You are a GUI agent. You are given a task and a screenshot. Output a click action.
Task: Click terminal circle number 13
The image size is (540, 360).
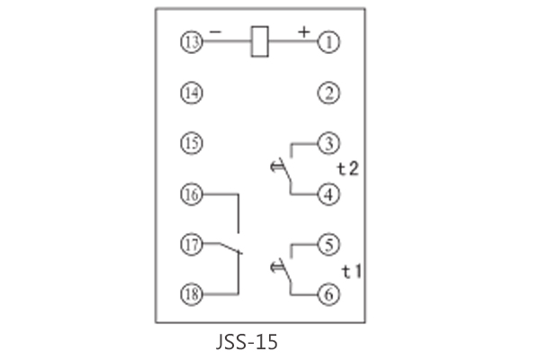[x=191, y=41]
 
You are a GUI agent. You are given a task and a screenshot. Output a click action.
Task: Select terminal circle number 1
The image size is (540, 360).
[x=329, y=41]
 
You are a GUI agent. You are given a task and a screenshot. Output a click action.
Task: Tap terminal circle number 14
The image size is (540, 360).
[x=191, y=92]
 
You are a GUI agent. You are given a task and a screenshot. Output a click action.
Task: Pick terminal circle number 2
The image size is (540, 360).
[x=329, y=92]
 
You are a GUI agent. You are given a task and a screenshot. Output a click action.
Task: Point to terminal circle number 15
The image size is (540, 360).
[x=191, y=142]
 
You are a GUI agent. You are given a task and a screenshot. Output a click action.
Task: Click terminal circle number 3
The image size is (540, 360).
[x=329, y=142]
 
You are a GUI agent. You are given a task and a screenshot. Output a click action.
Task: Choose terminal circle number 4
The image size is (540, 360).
[x=329, y=193]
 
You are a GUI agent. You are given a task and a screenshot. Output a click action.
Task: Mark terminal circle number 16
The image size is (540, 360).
[x=191, y=193]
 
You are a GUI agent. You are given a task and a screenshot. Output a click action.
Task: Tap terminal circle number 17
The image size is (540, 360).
[x=191, y=243]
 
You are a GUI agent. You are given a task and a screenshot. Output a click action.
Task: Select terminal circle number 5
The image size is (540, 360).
[x=329, y=243]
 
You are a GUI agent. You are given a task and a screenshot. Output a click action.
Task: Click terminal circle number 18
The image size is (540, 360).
[x=191, y=292]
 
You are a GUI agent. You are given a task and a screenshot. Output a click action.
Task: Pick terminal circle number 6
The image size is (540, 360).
[x=329, y=292]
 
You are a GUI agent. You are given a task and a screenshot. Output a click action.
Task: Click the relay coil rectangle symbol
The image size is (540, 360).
[x=259, y=41]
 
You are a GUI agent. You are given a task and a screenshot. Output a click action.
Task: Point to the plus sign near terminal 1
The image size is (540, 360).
[x=304, y=31]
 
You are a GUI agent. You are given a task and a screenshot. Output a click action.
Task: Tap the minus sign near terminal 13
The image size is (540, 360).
[x=215, y=31]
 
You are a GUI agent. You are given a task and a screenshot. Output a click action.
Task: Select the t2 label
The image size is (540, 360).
[x=348, y=168]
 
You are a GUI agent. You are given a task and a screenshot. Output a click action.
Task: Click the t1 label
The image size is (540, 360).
[x=351, y=270]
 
